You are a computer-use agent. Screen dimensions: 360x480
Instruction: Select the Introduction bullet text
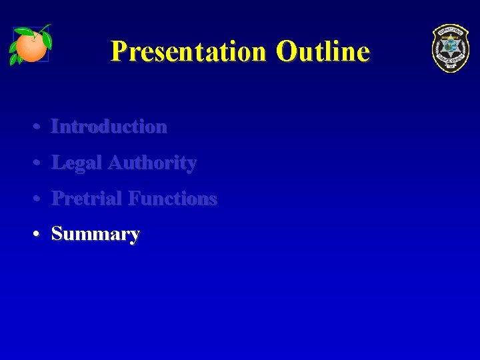[109, 126]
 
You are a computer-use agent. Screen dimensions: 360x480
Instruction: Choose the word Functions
[173, 199]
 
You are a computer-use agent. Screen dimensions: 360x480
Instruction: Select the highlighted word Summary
[95, 234]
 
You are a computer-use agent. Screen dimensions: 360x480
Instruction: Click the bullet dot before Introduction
[40, 127]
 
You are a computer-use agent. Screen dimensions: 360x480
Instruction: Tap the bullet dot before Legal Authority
[40, 163]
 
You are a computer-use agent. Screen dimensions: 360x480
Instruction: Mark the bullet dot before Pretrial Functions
[40, 199]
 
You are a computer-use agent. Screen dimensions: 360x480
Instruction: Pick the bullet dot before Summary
[40, 235]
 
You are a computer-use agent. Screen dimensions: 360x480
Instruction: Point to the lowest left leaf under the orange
[14, 60]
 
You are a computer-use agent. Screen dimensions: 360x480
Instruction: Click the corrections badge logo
[450, 48]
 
